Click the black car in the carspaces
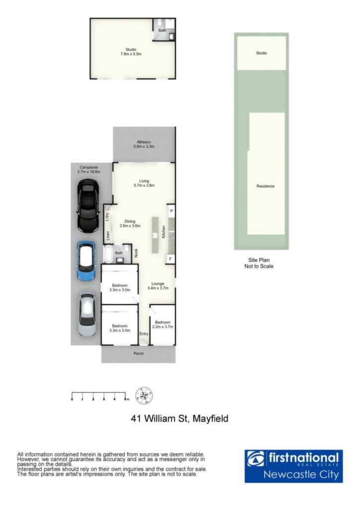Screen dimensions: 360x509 coord(88,206)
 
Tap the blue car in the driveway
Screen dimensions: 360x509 coord(86,260)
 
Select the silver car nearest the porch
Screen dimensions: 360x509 coord(88,315)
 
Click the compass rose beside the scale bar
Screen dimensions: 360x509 coord(144,396)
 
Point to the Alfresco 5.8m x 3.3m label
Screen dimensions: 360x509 coord(144,145)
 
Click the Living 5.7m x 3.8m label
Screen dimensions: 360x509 coord(144,183)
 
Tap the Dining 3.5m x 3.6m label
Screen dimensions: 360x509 coord(130,224)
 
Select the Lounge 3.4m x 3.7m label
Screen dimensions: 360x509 coord(158,286)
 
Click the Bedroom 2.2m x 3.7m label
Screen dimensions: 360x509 coord(163,325)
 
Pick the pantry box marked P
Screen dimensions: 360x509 coord(171,211)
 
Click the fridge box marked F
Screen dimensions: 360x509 coord(171,259)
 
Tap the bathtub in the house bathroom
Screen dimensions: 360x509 coord(108,254)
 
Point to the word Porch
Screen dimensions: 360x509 coord(139,353)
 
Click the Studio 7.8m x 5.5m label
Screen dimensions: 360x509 coord(131,52)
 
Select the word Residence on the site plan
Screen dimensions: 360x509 coord(266,186)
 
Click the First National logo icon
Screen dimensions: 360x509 coord(256,458)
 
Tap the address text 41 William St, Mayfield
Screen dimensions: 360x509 coord(180,419)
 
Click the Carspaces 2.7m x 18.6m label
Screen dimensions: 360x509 coord(89,170)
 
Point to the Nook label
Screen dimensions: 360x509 coord(136,253)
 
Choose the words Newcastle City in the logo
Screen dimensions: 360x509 coord(301,475)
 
